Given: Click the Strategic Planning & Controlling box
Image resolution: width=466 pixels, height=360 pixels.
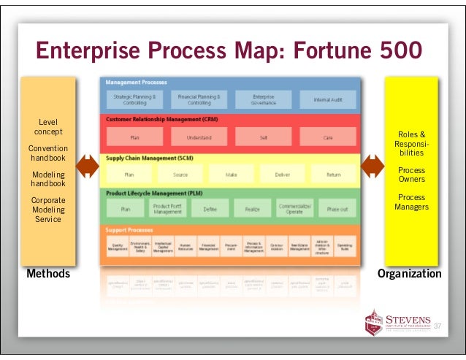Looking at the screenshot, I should pyautogui.click(x=134, y=99).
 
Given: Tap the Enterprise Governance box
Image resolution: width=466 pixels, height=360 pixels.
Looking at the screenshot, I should pyautogui.click(x=264, y=99).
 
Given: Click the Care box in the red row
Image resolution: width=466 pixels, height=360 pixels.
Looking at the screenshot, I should pyautogui.click(x=327, y=137).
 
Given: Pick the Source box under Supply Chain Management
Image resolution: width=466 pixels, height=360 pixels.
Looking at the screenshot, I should pyautogui.click(x=180, y=175).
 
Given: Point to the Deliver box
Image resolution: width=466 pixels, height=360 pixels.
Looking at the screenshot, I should pyautogui.click(x=283, y=175).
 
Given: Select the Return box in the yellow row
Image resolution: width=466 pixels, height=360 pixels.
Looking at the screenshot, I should pyautogui.click(x=333, y=175).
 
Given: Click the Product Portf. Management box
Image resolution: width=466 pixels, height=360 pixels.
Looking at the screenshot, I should pyautogui.click(x=167, y=210).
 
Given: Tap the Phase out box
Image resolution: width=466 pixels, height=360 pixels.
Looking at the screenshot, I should pyautogui.click(x=337, y=210).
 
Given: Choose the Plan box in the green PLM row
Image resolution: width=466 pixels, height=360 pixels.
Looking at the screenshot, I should pyautogui.click(x=126, y=210).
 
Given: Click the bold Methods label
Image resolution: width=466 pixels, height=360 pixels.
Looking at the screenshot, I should pyautogui.click(x=48, y=274).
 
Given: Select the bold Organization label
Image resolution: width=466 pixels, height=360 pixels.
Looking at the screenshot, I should pyautogui.click(x=409, y=274).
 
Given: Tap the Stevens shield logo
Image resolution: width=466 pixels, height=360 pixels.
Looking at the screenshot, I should pyautogui.click(x=373, y=322).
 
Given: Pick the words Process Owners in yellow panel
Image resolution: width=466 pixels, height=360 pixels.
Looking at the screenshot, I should pyautogui.click(x=411, y=175).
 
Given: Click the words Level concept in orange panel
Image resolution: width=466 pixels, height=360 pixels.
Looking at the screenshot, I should pyautogui.click(x=48, y=126).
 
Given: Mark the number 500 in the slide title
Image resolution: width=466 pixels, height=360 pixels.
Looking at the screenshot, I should pyautogui.click(x=391, y=51).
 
